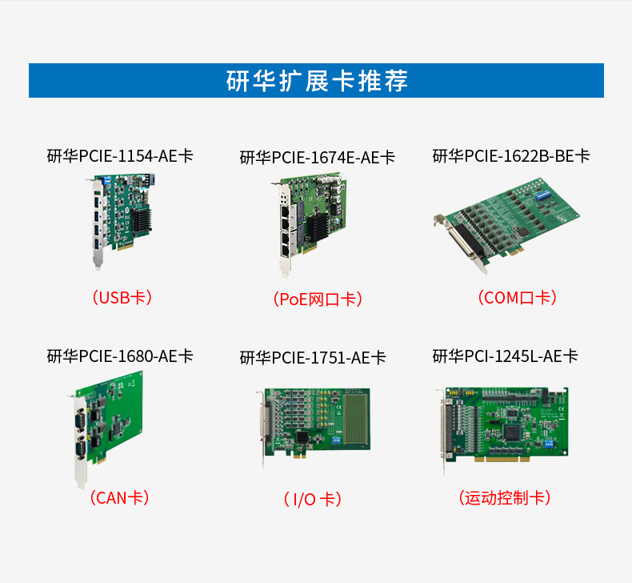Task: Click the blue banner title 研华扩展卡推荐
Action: (x=316, y=81)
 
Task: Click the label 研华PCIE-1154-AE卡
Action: (x=120, y=155)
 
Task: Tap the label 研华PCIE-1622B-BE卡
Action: (x=510, y=155)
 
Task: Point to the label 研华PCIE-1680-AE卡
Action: (x=120, y=356)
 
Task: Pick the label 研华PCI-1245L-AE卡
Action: (x=505, y=356)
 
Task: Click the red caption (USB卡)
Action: (x=120, y=298)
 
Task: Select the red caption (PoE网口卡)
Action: (x=317, y=300)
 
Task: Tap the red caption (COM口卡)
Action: (x=516, y=298)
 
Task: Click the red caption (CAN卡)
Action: (x=120, y=497)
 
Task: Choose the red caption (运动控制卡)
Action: (x=505, y=497)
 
